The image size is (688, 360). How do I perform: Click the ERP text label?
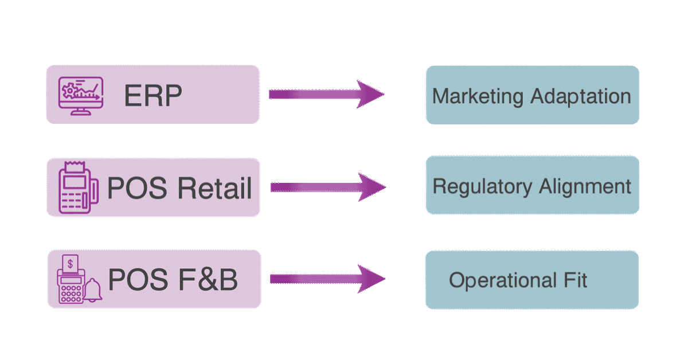pos(153,96)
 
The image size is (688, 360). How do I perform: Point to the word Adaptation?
pos(580,96)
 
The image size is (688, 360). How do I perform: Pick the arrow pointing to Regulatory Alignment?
pos(327,187)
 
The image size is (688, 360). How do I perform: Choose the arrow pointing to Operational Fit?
pos(327,279)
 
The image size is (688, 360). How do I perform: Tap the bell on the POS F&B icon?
pos(91,291)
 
